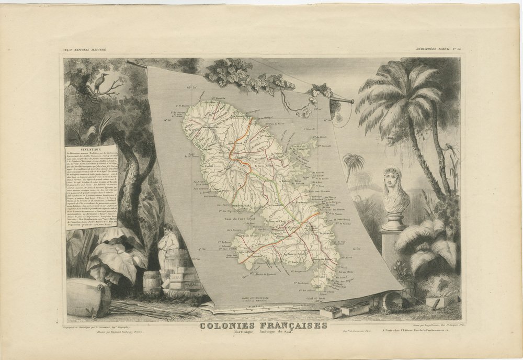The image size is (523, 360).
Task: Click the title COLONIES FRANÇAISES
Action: [263, 325]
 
